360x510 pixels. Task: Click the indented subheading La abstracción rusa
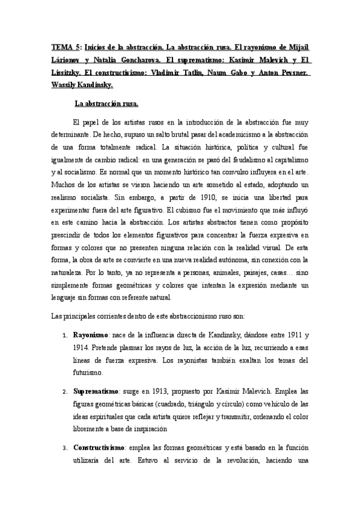[x=105, y=103]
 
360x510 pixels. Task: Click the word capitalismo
[x=286, y=159]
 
